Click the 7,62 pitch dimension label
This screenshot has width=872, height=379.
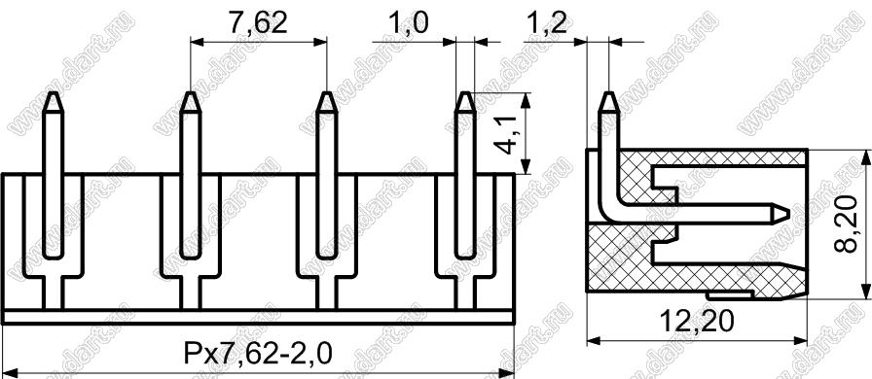point(257,22)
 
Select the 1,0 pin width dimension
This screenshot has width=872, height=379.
point(409,22)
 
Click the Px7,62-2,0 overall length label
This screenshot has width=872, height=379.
point(258,353)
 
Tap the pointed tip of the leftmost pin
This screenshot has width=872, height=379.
point(53,92)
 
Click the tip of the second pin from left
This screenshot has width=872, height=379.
point(190,92)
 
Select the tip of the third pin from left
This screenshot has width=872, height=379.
point(326,92)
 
